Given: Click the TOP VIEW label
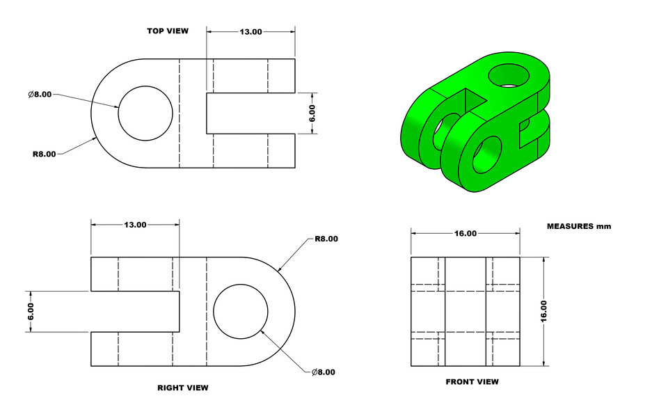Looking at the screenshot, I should (x=167, y=31).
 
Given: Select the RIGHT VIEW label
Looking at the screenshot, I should (x=182, y=388).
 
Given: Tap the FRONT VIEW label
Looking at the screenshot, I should (x=472, y=381).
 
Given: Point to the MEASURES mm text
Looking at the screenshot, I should (x=578, y=226).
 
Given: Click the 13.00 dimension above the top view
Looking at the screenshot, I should (x=250, y=32).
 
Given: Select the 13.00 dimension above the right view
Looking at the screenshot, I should (x=135, y=225).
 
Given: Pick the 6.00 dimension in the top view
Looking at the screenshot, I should (x=312, y=113).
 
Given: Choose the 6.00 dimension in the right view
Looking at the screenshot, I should (x=31, y=311).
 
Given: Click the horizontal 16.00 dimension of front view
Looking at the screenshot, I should (x=465, y=234).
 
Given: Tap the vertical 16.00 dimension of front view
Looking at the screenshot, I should (x=543, y=311).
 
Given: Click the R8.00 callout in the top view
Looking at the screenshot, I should (x=44, y=154).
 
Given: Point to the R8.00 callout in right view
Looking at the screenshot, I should (x=326, y=239).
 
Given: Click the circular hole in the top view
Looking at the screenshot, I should (x=145, y=113).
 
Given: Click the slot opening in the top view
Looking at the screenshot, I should (x=250, y=113).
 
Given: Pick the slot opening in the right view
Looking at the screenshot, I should (x=135, y=311).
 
